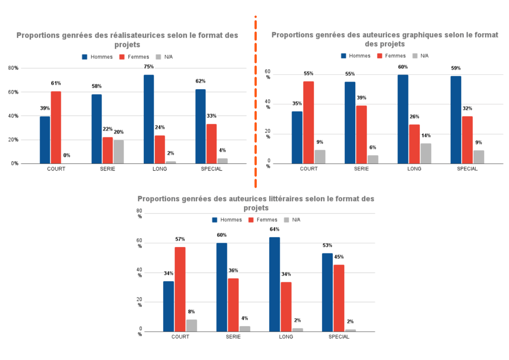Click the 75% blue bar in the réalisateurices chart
coord(149,119)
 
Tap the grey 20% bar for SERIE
coord(118,151)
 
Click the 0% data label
coord(67,155)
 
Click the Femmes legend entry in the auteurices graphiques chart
coord(391,56)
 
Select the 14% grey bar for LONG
coord(426,153)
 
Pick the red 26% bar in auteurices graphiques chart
coord(414,144)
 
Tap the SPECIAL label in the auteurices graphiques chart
coord(467,169)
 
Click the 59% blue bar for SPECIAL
coord(456,120)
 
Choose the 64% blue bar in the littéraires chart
coord(275,284)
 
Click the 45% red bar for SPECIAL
coord(339,298)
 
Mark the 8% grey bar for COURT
coord(192,325)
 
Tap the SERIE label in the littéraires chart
coord(233,337)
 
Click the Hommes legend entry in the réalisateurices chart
coord(98,57)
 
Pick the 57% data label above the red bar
coord(180,240)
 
